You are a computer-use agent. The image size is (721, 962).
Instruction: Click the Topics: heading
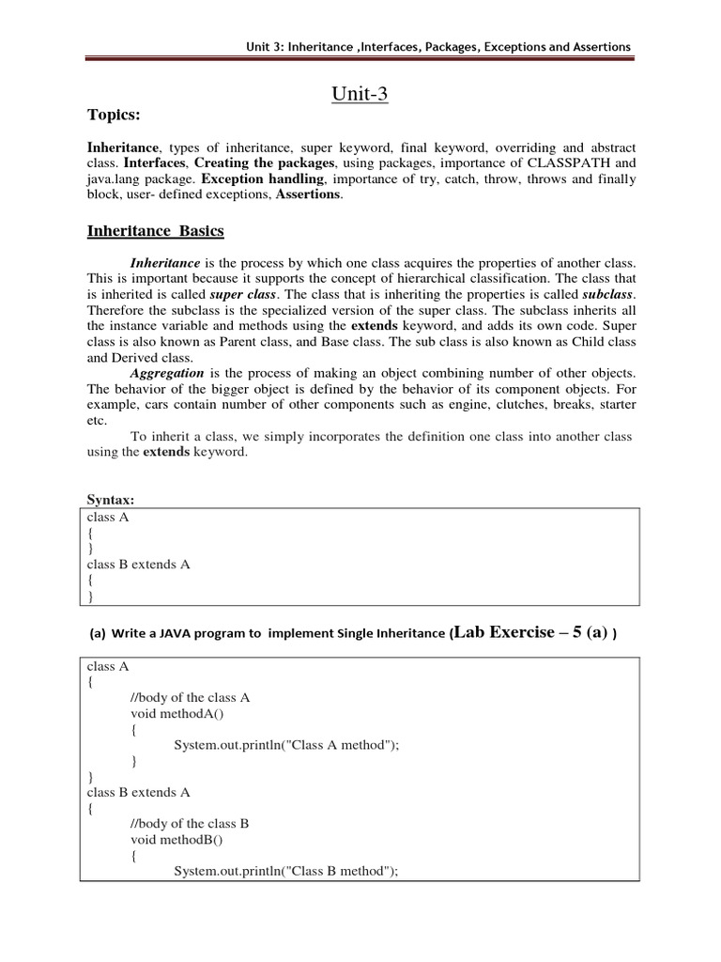point(114,115)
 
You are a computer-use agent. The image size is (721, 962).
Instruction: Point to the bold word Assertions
point(308,194)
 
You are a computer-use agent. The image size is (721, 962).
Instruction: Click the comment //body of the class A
point(191,697)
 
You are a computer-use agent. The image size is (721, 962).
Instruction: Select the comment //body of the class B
point(190,823)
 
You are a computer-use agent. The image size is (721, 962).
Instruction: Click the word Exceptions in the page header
point(517,47)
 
